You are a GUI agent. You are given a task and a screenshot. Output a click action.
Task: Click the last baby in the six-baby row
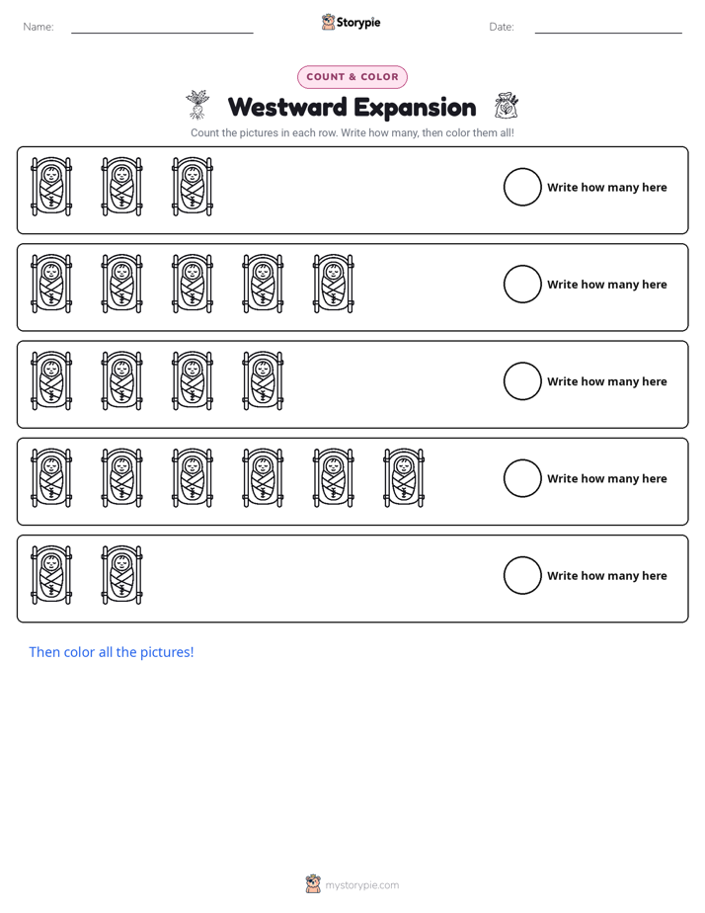pyautogui.click(x=404, y=477)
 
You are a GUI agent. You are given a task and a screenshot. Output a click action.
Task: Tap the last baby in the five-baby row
pyautogui.click(x=334, y=284)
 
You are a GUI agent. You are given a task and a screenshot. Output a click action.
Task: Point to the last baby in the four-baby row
pyautogui.click(x=263, y=380)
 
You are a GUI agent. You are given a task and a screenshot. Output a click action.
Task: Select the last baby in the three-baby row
pyautogui.click(x=193, y=187)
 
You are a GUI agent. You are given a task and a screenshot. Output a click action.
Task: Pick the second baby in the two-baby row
pyautogui.click(x=122, y=575)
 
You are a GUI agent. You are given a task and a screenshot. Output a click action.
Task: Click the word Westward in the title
pyautogui.click(x=287, y=107)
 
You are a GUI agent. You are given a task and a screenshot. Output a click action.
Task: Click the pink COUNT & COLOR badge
pyautogui.click(x=352, y=77)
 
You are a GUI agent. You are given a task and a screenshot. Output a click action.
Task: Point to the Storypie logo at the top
pyautogui.click(x=351, y=22)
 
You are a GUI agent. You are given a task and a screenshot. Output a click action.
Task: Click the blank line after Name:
pyautogui.click(x=162, y=34)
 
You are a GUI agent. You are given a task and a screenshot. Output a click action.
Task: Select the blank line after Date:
pyautogui.click(x=608, y=34)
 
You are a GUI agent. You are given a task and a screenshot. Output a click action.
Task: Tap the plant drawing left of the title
pyautogui.click(x=197, y=105)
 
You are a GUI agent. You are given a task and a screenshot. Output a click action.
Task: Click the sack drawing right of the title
pyautogui.click(x=507, y=106)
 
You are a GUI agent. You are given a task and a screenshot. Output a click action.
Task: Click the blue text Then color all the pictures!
pyautogui.click(x=112, y=652)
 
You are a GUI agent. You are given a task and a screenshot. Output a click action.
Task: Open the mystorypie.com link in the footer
pyautogui.click(x=361, y=885)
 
